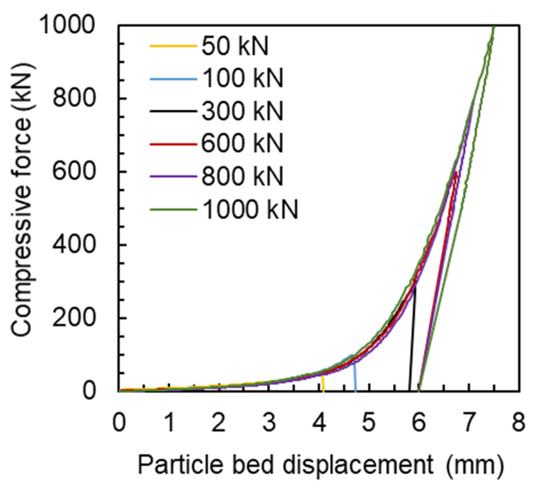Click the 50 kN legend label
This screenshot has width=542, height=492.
234,46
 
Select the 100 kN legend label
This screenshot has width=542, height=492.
242,79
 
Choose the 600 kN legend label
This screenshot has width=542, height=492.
242,143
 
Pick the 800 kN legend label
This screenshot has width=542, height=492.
242,176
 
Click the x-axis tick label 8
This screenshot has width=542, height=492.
518,422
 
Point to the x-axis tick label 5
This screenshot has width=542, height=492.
369,422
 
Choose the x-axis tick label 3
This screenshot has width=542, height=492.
269,422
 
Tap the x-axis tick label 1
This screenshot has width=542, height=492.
169,422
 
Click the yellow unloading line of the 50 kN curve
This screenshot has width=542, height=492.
323,384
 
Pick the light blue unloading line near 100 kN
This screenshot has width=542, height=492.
355,374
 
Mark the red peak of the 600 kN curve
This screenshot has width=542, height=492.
455,174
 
